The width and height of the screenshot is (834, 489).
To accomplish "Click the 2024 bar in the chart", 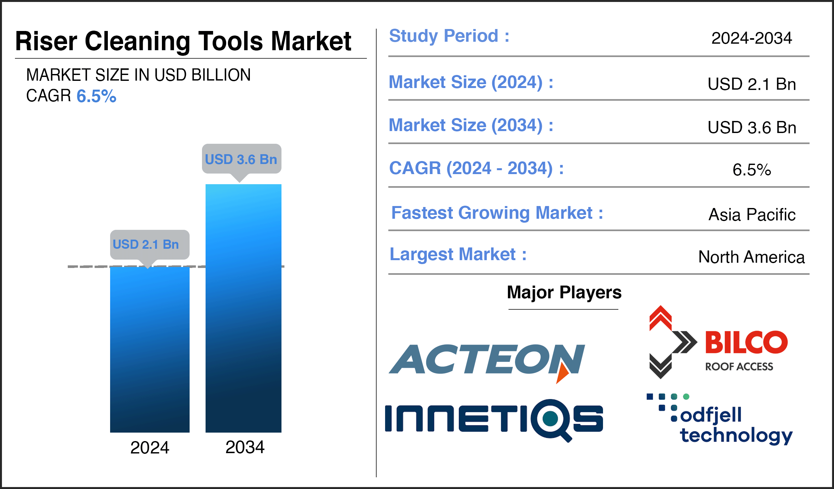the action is (x=150, y=349).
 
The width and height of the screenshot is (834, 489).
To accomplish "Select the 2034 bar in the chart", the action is (x=243, y=308).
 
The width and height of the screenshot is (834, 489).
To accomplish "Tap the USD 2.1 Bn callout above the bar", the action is (x=150, y=245).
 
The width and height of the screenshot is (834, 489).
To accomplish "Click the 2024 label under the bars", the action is (x=150, y=448).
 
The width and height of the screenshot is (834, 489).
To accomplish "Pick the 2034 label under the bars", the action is (x=245, y=447).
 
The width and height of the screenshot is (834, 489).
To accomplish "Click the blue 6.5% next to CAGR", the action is (x=96, y=96).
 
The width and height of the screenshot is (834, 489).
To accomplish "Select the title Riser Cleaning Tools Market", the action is (x=183, y=41).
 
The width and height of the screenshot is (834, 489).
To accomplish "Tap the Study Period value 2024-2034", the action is (x=752, y=38).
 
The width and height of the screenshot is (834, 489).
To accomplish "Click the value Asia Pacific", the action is (x=752, y=215).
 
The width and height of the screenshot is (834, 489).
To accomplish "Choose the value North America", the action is (x=751, y=257).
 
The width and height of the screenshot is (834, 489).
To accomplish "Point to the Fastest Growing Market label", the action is (x=497, y=213).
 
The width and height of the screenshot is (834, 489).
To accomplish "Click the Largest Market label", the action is (x=458, y=254).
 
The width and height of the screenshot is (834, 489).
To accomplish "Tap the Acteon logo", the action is (x=487, y=362).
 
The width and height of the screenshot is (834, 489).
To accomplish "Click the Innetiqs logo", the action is (x=494, y=420).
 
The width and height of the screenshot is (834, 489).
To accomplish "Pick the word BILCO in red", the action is (x=746, y=342).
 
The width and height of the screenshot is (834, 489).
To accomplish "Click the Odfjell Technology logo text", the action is (x=736, y=425).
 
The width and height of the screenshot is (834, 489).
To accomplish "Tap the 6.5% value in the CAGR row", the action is (x=752, y=170).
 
